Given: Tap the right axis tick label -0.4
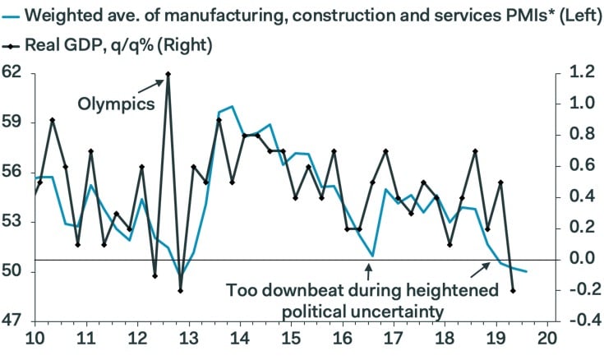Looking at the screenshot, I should [579, 321].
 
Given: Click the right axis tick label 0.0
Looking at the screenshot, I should [581, 260].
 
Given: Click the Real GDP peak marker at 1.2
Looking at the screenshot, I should [168, 74].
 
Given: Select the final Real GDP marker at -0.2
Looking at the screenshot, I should [514, 290].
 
